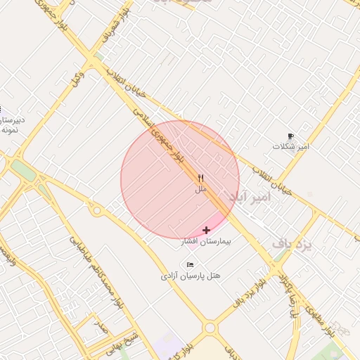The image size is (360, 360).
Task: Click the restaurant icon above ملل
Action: pyautogui.click(x=201, y=178)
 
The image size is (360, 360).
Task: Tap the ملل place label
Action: pyautogui.click(x=201, y=189)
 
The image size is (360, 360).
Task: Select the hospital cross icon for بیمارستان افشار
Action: pyautogui.click(x=206, y=230)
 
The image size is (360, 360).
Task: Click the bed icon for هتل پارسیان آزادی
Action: pyautogui.click(x=191, y=264)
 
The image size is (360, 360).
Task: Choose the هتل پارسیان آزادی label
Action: pyautogui.click(x=191, y=276)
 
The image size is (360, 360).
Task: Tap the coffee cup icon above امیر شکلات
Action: pyautogui.click(x=291, y=136)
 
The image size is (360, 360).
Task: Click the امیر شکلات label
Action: pyautogui.click(x=291, y=146)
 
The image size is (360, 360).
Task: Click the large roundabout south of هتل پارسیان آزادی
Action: pyautogui.click(x=210, y=328)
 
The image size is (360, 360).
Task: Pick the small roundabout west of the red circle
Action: pyautogui.click(x=96, y=210)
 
